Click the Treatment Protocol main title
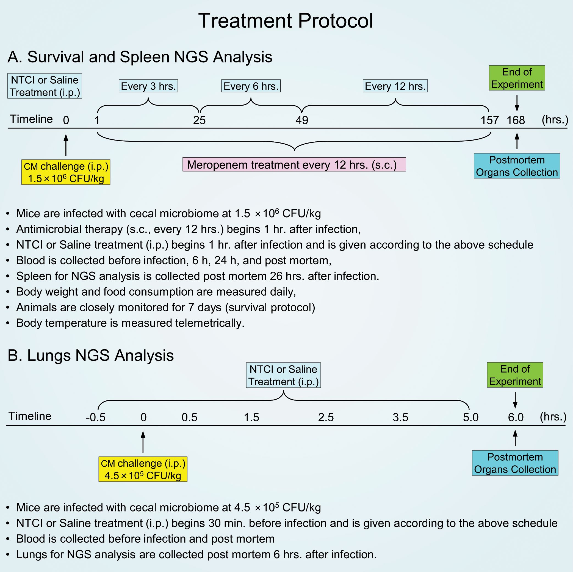[285, 21]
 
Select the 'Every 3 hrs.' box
[148, 86]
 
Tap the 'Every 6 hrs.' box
[251, 86]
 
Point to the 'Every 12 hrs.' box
[395, 86]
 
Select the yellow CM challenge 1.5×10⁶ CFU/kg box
[66, 172]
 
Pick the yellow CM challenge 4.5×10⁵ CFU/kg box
[143, 469]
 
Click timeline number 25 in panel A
[199, 120]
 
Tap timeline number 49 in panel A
[302, 120]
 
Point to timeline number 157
[489, 120]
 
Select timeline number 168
[516, 120]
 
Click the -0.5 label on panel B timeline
[96, 417]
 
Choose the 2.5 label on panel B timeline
[326, 417]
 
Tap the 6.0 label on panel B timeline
[516, 417]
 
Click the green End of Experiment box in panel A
[517, 78]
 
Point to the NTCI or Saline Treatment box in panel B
[283, 375]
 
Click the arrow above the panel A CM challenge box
[66, 145]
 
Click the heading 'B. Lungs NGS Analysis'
[90, 355]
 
